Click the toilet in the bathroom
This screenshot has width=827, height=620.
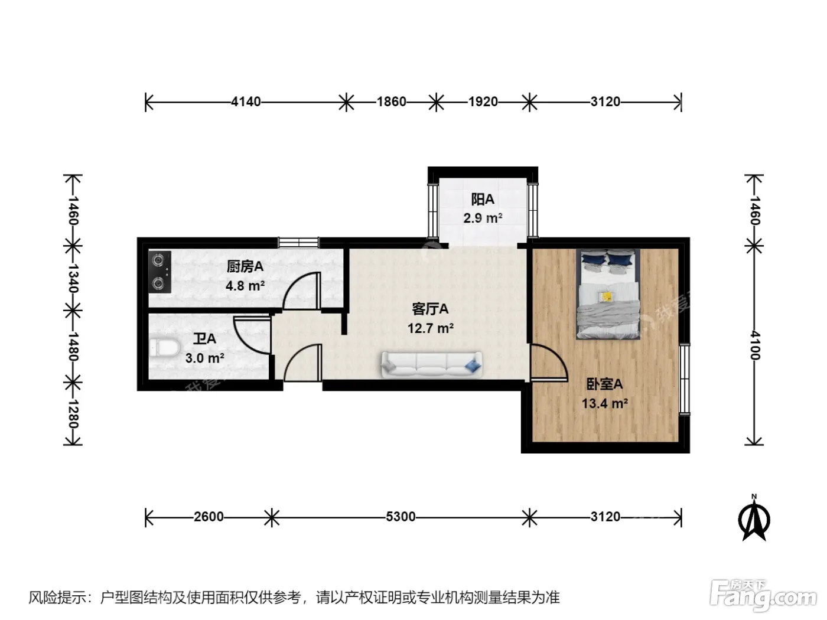[x=164, y=347]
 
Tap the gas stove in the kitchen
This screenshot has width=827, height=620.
[x=159, y=272]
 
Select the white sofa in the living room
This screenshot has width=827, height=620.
[x=432, y=364]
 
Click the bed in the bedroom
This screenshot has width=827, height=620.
[x=607, y=294]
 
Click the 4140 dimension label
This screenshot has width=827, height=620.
[x=246, y=102]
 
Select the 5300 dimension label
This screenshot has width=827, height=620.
[x=401, y=517]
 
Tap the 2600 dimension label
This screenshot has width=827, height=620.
[x=209, y=517]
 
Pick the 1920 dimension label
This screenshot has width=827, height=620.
[x=483, y=102]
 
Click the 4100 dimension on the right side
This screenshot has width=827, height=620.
[x=754, y=345]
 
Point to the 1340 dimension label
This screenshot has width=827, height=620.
[x=73, y=279]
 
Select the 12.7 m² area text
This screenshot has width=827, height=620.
[x=430, y=328]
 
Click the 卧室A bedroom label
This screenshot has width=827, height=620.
[x=604, y=384]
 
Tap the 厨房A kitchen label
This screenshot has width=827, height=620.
[x=245, y=266]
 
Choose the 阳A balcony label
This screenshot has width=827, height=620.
[x=483, y=199]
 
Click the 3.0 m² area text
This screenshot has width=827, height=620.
[x=204, y=358]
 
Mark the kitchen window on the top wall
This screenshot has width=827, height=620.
[x=298, y=242]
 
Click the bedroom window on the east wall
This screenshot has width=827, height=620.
[x=685, y=380]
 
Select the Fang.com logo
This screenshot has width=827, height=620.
[x=763, y=596]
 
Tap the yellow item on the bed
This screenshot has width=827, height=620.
[x=606, y=296]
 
